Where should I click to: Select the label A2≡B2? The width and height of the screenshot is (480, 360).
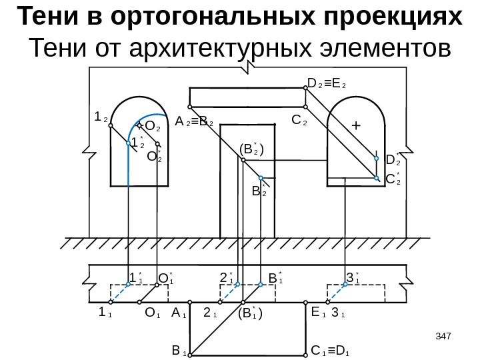(193, 122)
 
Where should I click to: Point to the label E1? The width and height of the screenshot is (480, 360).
(318, 311)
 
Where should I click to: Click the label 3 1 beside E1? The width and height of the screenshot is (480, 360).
(338, 311)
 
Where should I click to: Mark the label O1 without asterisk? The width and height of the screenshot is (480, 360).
(152, 311)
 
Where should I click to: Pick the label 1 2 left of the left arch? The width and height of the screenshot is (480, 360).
(101, 117)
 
